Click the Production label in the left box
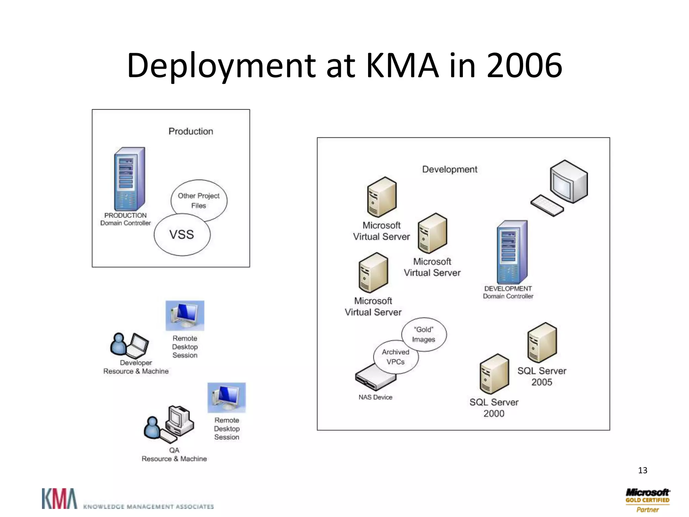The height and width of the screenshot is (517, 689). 191,131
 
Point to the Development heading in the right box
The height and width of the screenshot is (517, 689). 449,169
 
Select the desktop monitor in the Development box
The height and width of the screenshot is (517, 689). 569,182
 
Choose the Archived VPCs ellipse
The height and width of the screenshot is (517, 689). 396,357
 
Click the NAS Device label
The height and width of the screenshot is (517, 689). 375,397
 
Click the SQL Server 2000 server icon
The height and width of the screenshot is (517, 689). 494,374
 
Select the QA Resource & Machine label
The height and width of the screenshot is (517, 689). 174,455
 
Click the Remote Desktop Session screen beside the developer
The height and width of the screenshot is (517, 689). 185,315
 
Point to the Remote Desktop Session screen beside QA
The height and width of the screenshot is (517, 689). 226,398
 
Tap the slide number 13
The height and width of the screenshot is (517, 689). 642,470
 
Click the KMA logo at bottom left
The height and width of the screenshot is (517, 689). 60,498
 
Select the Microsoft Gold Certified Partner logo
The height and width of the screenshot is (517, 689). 647,500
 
